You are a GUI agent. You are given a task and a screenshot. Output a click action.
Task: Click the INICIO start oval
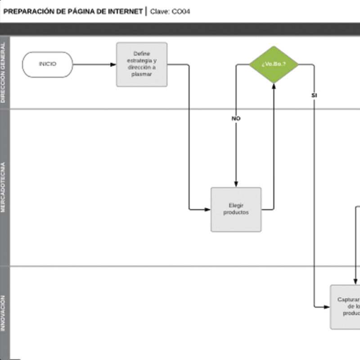[47, 64]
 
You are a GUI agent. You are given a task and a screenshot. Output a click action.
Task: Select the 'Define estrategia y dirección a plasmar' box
[142, 64]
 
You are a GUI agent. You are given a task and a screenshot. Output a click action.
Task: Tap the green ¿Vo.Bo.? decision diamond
[274, 64]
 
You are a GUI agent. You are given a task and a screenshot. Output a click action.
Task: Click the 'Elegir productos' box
[236, 209]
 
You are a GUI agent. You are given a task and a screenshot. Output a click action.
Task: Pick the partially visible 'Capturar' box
[346, 306]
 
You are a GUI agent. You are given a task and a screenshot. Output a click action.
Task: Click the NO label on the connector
[236, 118]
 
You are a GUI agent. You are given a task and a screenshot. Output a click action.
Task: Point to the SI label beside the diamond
[314, 95]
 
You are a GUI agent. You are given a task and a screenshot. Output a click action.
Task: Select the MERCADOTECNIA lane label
[4, 187]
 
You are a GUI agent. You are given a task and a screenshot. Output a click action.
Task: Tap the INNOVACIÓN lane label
[4, 313]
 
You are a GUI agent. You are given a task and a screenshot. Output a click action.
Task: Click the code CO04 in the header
[181, 11]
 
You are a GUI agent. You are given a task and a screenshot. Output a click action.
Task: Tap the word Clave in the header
[160, 11]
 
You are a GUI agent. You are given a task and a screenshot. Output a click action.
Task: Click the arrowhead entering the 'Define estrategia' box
[113, 64]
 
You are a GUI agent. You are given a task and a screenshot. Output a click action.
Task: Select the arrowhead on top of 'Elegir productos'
[236, 184]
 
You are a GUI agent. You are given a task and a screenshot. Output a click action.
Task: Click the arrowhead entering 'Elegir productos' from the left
[207, 209]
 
